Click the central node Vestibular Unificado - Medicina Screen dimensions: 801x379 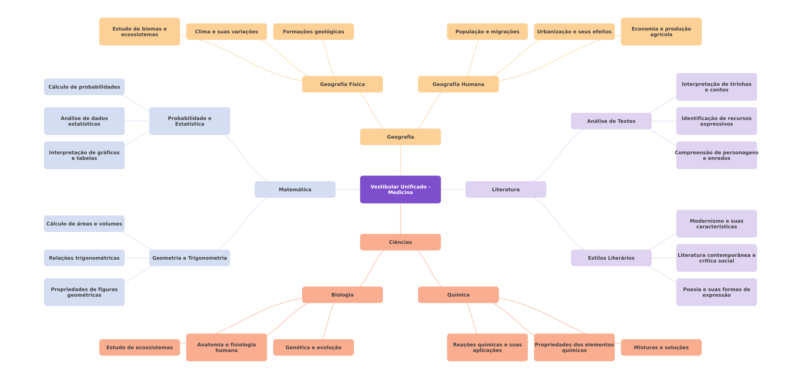pos(400,189)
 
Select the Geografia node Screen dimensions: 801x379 pos(400,137)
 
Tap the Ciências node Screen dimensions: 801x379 pos(400,242)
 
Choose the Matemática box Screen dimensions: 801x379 pos(295,189)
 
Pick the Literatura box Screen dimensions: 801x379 pos(506,189)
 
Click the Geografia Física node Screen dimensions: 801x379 pos(343,84)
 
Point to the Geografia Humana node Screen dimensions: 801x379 pos(458,84)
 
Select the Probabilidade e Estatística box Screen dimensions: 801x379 pos(190,121)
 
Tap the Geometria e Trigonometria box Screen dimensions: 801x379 pos(190,258)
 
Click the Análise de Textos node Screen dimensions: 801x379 pos(611,121)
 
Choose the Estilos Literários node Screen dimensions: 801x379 pos(611,258)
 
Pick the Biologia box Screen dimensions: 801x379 pos(343,295)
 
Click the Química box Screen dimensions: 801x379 pos(458,295)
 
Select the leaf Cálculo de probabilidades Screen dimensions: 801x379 pos(84,87)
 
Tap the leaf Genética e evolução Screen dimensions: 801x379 pos(313,347)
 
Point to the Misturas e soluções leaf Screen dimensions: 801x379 pos(661,347)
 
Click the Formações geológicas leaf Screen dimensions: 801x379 pos(313,32)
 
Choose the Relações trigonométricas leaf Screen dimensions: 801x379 pos(84,258)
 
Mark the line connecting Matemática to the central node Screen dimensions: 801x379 pos(348,189)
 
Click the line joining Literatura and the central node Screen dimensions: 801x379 pos(453,189)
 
